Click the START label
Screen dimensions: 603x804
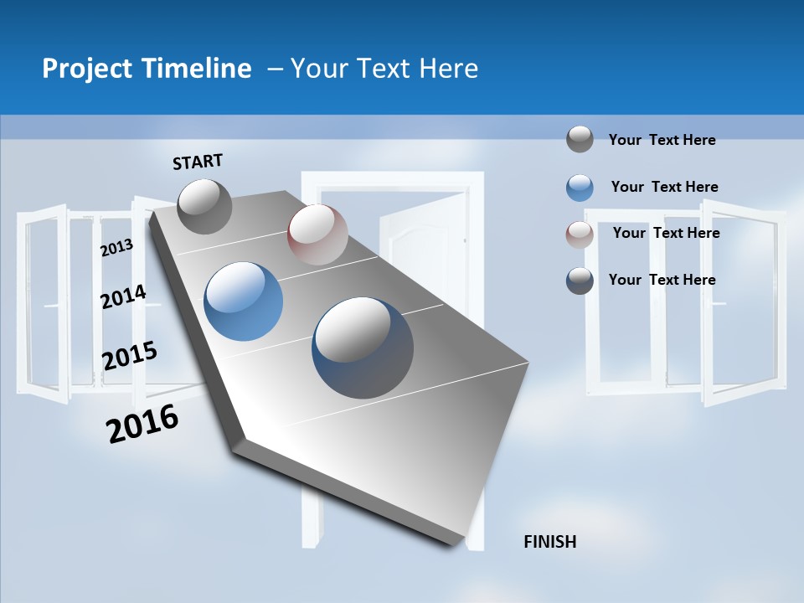(198, 162)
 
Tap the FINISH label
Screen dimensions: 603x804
(549, 542)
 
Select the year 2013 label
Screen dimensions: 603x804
(116, 247)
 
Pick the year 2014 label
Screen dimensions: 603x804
(123, 296)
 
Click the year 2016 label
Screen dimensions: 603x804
(142, 424)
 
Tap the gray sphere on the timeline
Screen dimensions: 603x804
(204, 206)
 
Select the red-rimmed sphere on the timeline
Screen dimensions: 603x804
(317, 234)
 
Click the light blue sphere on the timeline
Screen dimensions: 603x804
(244, 301)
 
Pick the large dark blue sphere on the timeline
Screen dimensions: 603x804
(363, 347)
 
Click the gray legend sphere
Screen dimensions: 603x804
(580, 139)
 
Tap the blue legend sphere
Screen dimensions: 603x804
(580, 188)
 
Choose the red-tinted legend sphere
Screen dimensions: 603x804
(580, 234)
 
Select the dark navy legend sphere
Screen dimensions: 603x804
(580, 281)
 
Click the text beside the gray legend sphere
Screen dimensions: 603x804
(662, 140)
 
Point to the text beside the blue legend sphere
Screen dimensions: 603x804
(664, 187)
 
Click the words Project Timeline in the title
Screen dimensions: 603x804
(147, 69)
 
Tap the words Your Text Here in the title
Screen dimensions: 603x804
(384, 69)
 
